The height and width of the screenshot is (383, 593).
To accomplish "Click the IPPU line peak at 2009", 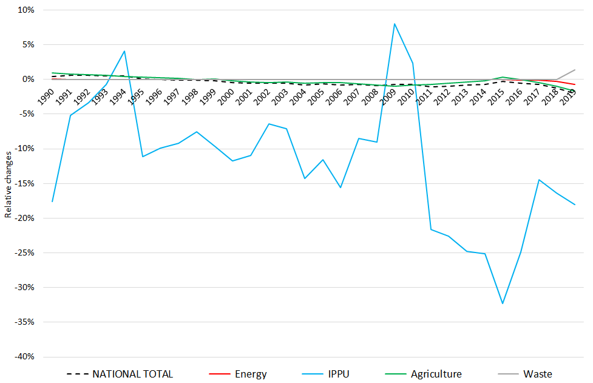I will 395,24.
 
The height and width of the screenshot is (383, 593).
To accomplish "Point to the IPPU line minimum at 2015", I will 503,303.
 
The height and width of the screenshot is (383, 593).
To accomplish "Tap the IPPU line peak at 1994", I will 124,51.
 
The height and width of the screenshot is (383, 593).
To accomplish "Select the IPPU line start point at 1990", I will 53,201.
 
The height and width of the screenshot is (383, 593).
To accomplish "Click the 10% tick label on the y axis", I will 25,10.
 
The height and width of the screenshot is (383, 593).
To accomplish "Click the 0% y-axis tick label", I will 27,80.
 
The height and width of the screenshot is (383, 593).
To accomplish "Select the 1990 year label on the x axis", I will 44,96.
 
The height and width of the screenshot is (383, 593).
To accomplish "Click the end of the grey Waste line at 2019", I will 574,70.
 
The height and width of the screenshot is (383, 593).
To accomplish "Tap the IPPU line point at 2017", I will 538,180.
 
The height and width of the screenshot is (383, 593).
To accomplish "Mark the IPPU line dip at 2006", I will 341,188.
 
